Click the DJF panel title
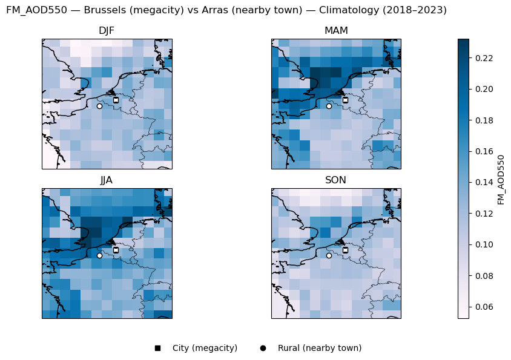[107, 31]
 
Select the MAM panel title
[336, 31]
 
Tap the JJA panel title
[107, 180]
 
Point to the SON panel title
[336, 180]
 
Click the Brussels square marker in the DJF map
[116, 100]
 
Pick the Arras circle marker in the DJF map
[99, 106]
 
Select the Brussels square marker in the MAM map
[345, 100]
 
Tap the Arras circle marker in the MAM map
[329, 106]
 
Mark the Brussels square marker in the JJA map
[116, 249]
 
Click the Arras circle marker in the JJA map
[99, 255]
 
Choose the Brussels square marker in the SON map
[345, 249]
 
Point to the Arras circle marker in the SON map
[329, 255]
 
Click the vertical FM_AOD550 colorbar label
[501, 179]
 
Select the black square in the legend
[157, 348]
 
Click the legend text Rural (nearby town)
[320, 348]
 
